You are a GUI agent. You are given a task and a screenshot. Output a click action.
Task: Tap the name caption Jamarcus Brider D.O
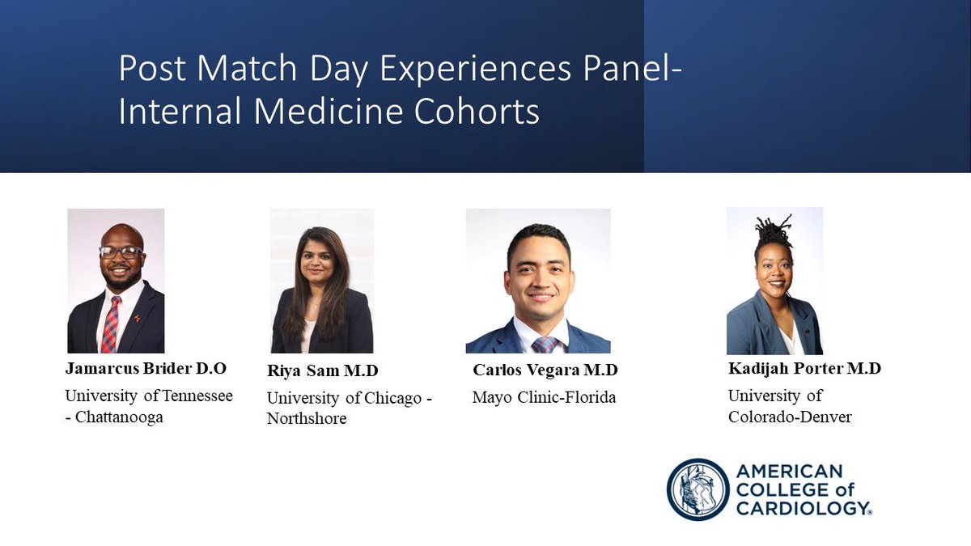click(146, 369)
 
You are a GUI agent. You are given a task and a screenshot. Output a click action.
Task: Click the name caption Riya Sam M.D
click(322, 370)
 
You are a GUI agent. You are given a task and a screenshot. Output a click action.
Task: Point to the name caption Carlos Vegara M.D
click(545, 370)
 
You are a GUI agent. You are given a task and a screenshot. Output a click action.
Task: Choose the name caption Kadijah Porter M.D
click(804, 369)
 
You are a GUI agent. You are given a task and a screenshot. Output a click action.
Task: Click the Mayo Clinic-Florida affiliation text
click(544, 397)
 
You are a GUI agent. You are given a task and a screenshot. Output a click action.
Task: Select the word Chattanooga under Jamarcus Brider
click(118, 418)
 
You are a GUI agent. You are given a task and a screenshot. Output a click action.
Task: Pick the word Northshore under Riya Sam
click(307, 419)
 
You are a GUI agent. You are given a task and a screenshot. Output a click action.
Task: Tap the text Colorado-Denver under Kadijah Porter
click(790, 417)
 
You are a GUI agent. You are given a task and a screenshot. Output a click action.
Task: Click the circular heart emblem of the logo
click(698, 489)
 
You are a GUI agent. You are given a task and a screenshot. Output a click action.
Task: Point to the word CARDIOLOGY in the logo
click(803, 507)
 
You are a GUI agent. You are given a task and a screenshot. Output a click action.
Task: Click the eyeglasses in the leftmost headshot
click(121, 252)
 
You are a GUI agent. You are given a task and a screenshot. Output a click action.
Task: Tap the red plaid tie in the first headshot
click(111, 324)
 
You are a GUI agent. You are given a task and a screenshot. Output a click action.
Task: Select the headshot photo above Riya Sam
click(322, 281)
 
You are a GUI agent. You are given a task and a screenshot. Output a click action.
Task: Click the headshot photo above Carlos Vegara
click(537, 281)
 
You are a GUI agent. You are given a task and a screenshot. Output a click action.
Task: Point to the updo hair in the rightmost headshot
click(773, 231)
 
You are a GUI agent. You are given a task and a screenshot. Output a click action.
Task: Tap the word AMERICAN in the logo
click(789, 472)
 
